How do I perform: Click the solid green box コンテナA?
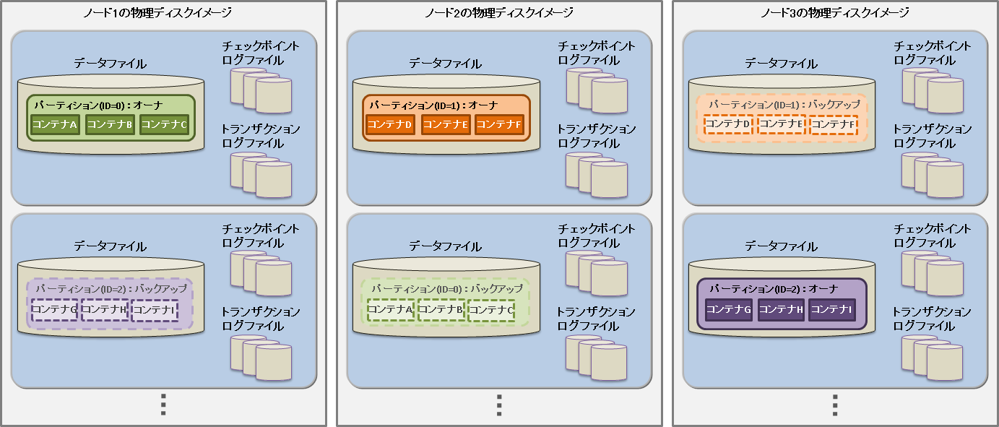[x=55, y=124]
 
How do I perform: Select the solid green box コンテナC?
[x=165, y=124]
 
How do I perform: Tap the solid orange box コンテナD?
[x=389, y=124]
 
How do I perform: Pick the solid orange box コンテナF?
[x=498, y=124]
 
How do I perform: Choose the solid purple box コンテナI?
[x=832, y=309]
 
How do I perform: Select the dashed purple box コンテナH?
[x=104, y=309]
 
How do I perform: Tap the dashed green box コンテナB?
[x=441, y=309]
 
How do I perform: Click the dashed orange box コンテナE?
[x=781, y=124]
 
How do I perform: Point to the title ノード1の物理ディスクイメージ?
[x=163, y=12]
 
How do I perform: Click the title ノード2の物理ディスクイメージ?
[x=498, y=12]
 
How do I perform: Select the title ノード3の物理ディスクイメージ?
[x=834, y=12]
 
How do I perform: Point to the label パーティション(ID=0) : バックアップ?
[x=446, y=288]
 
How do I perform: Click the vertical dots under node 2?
[x=498, y=405]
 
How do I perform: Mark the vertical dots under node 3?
[x=834, y=405]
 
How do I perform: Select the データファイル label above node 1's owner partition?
[x=110, y=64]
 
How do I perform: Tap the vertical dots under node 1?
[x=163, y=405]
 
